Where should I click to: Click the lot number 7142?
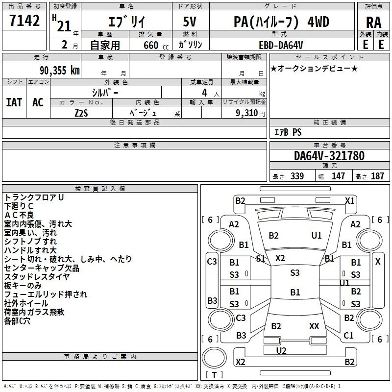tap(24, 21)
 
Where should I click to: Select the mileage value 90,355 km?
tap(60, 70)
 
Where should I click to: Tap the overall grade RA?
tap(374, 23)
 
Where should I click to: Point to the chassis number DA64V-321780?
tap(329, 156)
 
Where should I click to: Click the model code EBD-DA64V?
tap(281, 45)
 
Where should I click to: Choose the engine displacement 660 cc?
tap(156, 45)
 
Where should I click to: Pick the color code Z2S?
tap(81, 113)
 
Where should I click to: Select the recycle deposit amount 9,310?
tap(247, 113)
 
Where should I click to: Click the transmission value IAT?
tap(14, 102)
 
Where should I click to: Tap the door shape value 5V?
tap(190, 22)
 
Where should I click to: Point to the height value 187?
tap(377, 176)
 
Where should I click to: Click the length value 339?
tap(297, 176)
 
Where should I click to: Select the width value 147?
tap(338, 176)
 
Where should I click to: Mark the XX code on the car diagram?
tap(314, 326)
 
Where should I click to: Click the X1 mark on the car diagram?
tap(350, 201)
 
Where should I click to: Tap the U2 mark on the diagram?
tap(281, 351)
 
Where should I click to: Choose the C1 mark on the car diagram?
tap(348, 335)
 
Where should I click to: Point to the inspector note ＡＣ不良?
tap(19, 215)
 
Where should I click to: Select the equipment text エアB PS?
tap(288, 132)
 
